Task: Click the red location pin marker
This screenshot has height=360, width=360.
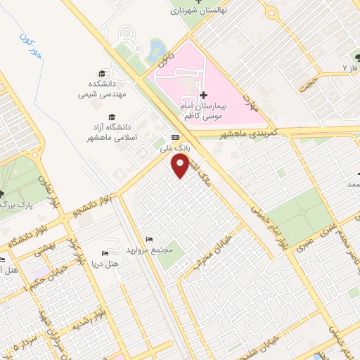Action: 180,165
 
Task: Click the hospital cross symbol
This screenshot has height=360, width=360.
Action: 204,95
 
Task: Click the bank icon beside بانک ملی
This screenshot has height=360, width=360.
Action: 175,138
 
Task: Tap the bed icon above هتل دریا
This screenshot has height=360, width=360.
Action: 105,252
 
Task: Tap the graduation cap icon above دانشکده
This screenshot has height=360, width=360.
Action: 103,73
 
